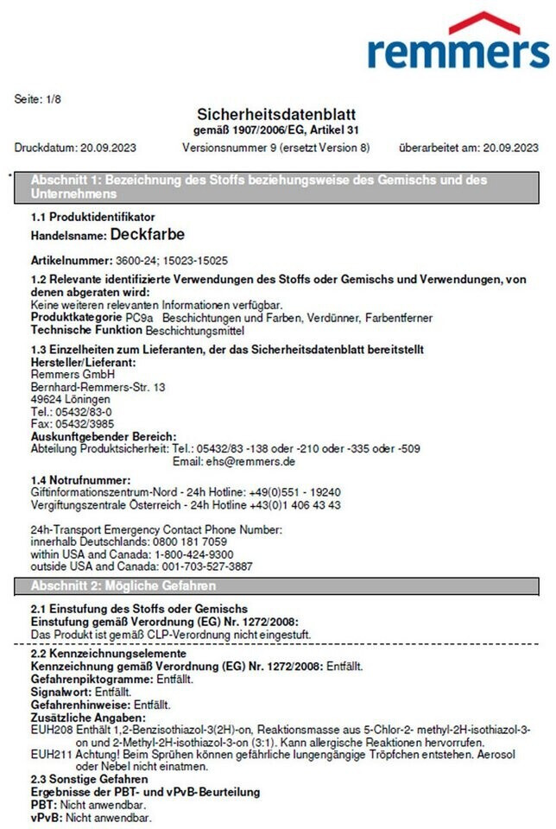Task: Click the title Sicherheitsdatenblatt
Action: click(x=277, y=115)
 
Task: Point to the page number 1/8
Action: click(x=52, y=99)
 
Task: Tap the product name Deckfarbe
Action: click(x=147, y=234)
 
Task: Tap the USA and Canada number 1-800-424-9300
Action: click(x=193, y=554)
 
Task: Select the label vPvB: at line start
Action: click(x=47, y=816)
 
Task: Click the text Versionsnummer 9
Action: click(x=224, y=148)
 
